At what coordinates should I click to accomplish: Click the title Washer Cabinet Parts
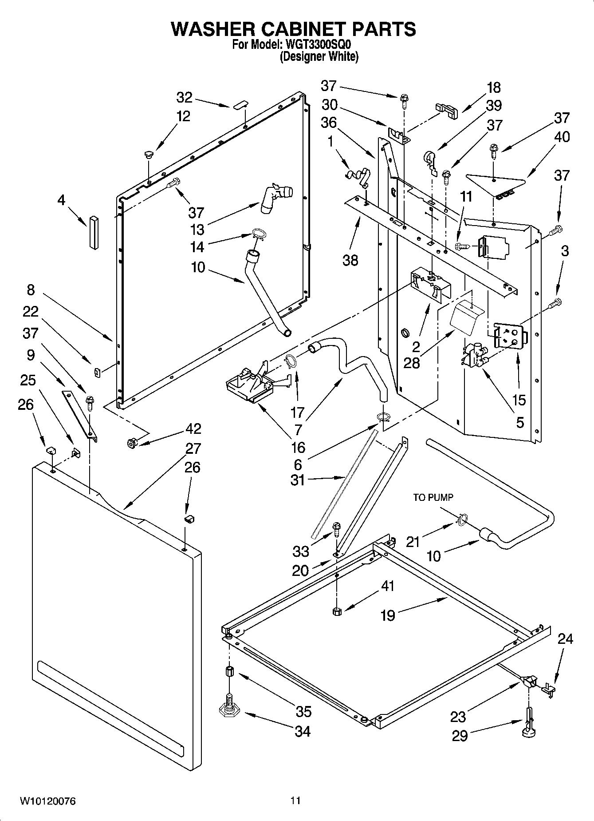(293, 29)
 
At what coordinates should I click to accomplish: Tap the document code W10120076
(47, 801)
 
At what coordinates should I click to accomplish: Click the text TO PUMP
(433, 498)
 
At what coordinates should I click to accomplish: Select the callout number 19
(388, 615)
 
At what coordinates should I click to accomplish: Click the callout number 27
(193, 448)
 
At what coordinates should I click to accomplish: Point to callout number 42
(194, 428)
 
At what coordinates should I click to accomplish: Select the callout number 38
(350, 260)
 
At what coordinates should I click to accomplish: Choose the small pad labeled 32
(240, 105)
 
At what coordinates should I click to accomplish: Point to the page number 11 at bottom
(295, 801)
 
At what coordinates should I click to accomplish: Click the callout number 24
(565, 639)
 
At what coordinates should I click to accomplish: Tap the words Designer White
(319, 57)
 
